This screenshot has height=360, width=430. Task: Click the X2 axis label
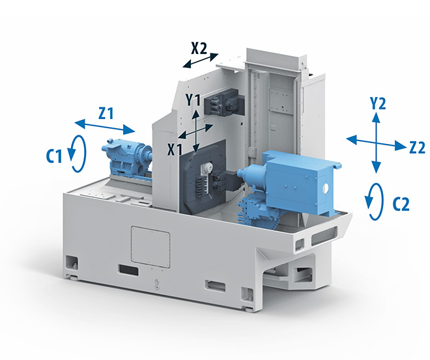tap(199, 48)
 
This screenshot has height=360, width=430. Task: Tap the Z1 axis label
tap(106, 113)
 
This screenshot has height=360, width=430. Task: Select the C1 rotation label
tap(54, 157)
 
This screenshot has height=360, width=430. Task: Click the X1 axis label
tap(175, 150)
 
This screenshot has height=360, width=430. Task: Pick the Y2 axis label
tap(378, 104)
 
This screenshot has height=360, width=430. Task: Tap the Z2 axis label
tap(417, 148)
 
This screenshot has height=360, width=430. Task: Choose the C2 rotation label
tap(401, 204)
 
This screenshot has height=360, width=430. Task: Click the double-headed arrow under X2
tap(201, 61)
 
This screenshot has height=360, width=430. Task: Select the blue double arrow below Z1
tap(105, 127)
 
